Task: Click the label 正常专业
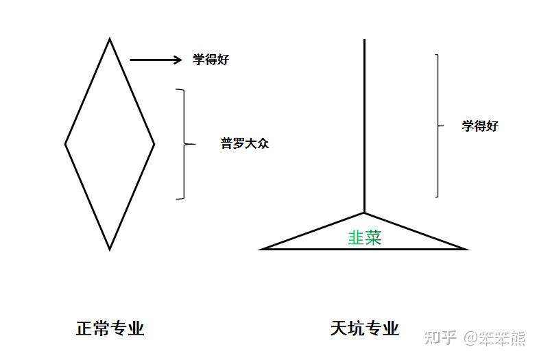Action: pos(110,328)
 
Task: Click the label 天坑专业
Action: pos(364,328)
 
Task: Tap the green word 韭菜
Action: pos(365,237)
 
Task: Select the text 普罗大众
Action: pos(245,143)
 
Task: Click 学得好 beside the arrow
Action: pos(211,60)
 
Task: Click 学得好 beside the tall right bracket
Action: pos(480,126)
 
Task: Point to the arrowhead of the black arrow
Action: pos(182,60)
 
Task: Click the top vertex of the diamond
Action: pos(110,38)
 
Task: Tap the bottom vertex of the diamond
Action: pos(110,250)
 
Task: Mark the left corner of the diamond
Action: pos(65,144)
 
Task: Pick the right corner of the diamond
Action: pos(154,144)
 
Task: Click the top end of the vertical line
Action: pos(364,40)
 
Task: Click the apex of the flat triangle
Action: pos(364,213)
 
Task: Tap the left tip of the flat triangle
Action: pos(259,249)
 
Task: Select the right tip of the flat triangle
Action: pos(468,249)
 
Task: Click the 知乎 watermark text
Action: pos(440,337)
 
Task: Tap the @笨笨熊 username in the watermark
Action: pos(494,337)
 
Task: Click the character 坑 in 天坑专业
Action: pos(356,328)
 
